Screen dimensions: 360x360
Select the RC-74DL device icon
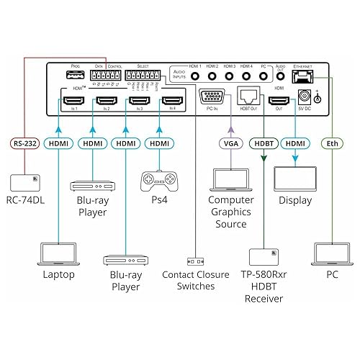(25, 180)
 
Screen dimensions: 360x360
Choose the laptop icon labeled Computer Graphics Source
(230, 177)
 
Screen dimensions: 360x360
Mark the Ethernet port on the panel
(300, 75)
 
